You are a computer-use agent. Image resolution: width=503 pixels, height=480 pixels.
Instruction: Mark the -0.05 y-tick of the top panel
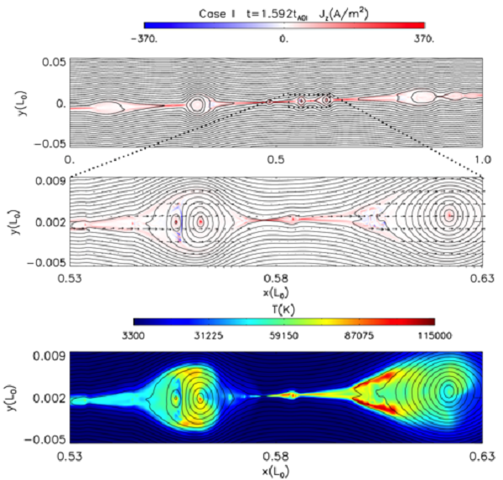[x=48, y=143]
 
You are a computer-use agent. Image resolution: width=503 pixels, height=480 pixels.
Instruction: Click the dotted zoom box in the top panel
[x=309, y=101]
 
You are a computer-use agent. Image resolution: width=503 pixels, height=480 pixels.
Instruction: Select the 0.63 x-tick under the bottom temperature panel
[x=481, y=456]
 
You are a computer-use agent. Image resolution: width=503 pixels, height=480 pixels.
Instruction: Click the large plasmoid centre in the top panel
[x=197, y=105]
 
